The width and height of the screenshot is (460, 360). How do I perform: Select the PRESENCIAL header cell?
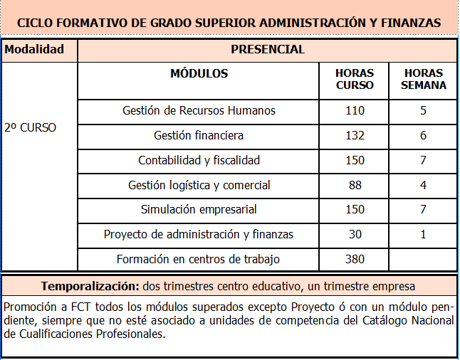tap(268, 50)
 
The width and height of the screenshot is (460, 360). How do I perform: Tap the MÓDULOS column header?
tap(199, 73)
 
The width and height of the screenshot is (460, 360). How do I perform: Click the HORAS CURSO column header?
tap(354, 79)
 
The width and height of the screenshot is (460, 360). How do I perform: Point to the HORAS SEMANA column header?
tap(423, 79)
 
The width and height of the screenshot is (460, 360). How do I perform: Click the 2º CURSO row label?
tap(30, 128)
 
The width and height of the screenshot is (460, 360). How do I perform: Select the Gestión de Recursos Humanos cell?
tap(199, 110)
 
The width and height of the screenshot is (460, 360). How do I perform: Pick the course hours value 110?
tap(354, 110)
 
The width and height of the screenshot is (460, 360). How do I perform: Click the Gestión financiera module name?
tap(199, 135)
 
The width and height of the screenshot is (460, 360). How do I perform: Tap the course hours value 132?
tap(354, 135)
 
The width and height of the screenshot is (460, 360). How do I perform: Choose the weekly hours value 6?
tap(423, 135)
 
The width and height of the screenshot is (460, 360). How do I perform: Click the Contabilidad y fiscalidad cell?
tap(199, 160)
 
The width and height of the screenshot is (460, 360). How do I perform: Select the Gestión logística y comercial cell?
tap(199, 185)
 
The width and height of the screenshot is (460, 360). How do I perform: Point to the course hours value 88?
tap(354, 185)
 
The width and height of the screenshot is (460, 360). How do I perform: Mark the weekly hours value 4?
tap(423, 185)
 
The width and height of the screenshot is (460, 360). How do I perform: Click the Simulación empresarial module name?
tap(199, 210)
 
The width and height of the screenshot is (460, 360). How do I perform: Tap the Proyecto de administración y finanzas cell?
tap(199, 234)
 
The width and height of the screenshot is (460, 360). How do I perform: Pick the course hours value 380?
tap(354, 259)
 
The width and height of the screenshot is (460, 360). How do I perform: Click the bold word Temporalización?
tap(89, 286)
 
